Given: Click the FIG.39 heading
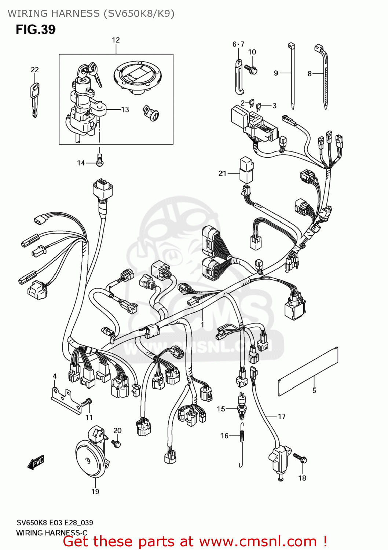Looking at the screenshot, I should (36, 29).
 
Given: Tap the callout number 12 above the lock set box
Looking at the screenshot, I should (116, 40).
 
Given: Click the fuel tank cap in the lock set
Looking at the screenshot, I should (138, 77).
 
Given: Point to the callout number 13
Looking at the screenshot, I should (125, 109).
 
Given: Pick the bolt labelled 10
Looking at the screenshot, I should (252, 69).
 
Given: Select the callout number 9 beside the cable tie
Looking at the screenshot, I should (276, 73).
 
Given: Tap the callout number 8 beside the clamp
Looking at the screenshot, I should (310, 74).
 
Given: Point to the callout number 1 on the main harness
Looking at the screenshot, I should (202, 324).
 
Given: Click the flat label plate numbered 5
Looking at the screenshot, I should (308, 371).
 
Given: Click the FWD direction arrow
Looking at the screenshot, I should (36, 462).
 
